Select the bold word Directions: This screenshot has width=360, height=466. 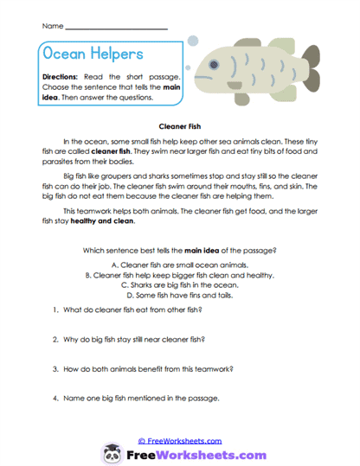62,76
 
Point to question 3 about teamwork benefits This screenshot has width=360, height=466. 140,368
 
